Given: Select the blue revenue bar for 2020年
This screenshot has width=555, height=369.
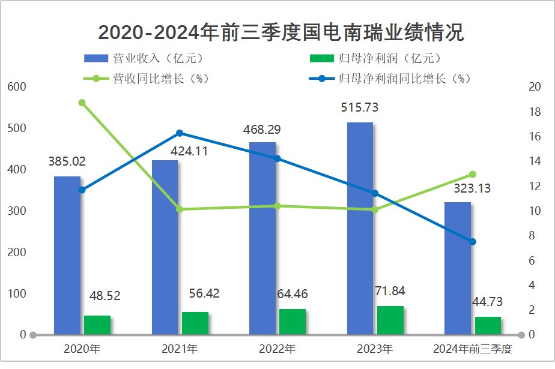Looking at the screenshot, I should tap(67, 255).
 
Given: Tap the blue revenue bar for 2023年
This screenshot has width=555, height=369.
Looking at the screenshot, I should tap(360, 228).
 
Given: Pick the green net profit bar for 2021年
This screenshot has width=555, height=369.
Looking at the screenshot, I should tap(195, 323).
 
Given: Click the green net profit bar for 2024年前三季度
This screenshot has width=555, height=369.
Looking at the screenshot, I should tap(488, 325).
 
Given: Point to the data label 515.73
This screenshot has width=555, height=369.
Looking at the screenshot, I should tap(360, 108).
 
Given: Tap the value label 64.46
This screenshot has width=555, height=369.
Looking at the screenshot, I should tap(293, 294).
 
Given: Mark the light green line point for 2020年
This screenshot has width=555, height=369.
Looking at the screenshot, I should tap(82, 103).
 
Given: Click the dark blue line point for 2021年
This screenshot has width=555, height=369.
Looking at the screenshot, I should tap(180, 133).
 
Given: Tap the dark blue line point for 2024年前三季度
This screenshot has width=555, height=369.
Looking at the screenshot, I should tap(473, 242).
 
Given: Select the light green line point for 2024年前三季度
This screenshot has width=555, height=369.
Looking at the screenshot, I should tap(473, 174).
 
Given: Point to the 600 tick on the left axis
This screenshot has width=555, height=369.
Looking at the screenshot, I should tap(18, 87).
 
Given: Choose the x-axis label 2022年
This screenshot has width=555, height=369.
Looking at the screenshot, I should tap(277, 349).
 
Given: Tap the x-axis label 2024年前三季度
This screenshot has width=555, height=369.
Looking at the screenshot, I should tap(472, 349).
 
